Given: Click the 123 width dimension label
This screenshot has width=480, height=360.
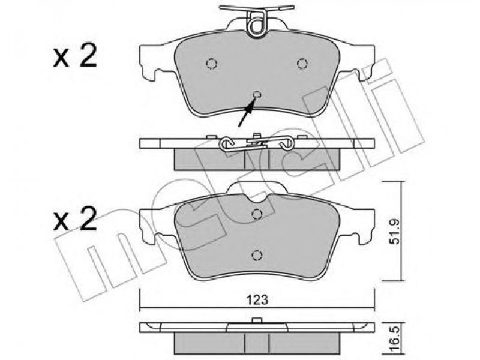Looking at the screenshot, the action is tap(257, 299).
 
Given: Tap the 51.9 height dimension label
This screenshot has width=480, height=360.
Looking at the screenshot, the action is tap(395, 231).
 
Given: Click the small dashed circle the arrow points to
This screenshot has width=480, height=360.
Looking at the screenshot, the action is tap(257, 95).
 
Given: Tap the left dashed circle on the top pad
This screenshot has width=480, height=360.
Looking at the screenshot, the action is tap(211, 64).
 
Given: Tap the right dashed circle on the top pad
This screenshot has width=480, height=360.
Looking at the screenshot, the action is tap(302, 64).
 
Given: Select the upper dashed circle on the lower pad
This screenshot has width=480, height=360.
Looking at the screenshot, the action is tap(257, 214).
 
